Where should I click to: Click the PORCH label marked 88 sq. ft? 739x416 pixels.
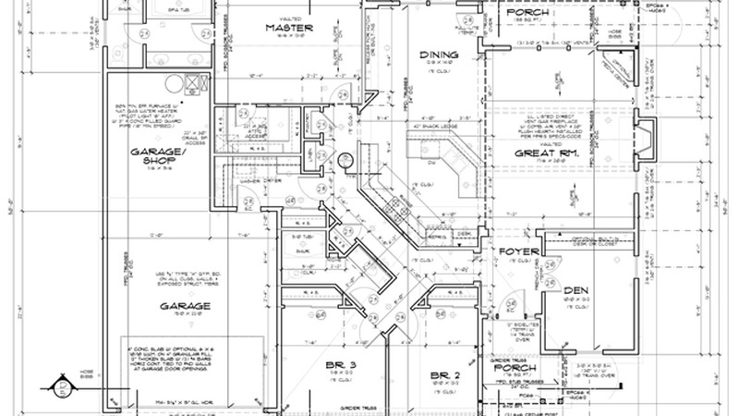pos(526,11)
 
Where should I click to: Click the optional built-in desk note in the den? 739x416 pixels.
pos(591,242)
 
